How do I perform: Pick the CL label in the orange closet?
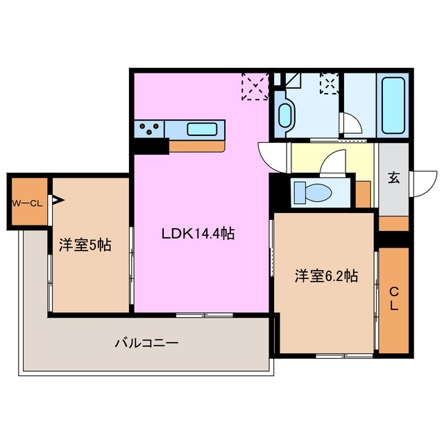(393, 299)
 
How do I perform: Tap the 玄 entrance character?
(393, 178)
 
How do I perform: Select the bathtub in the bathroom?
(395, 108)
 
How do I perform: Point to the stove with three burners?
(151, 128)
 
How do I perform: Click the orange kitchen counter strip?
(198, 146)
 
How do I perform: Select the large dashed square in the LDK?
(254, 86)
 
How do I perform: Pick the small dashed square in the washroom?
(327, 84)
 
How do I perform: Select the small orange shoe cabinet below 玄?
(393, 223)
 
